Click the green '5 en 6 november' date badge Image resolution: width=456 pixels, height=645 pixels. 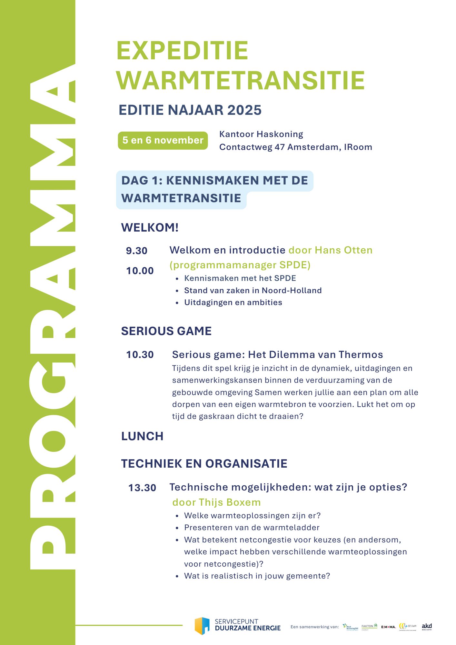(163, 140)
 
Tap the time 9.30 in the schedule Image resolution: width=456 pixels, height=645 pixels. (136, 251)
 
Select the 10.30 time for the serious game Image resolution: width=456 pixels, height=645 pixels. (140, 354)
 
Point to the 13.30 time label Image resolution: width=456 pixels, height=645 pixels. (142, 488)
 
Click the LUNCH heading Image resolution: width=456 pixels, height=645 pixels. (142, 436)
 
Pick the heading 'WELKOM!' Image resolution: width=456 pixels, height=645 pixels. (150, 227)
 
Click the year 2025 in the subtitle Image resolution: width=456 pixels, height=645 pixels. (244, 110)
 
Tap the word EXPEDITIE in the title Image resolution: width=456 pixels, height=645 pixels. (182, 51)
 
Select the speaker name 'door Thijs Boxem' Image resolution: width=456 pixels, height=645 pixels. (216, 502)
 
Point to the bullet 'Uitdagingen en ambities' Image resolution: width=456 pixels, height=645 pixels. (233, 302)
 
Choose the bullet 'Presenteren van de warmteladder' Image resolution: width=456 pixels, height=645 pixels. (252, 527)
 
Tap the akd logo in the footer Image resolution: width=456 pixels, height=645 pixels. (427, 626)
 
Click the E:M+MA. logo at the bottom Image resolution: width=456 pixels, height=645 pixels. (388, 627)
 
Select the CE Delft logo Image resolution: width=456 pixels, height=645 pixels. (408, 626)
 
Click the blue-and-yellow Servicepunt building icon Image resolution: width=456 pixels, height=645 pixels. (202, 626)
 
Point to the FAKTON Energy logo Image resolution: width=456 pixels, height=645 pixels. (369, 626)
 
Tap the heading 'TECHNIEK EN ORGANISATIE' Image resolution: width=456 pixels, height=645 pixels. (204, 463)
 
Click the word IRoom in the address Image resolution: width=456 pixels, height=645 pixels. (358, 147)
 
